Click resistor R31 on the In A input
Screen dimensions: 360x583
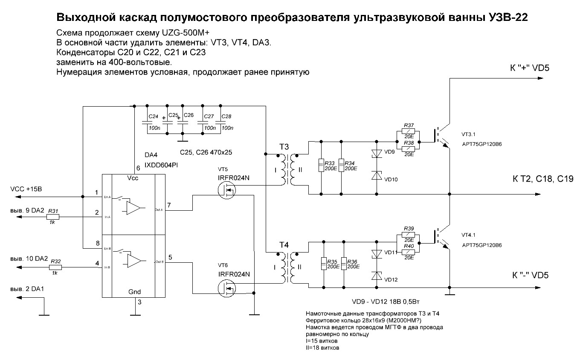click(x=53, y=217)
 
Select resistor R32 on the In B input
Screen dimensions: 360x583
click(x=55, y=267)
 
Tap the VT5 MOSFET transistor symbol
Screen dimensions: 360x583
click(x=226, y=190)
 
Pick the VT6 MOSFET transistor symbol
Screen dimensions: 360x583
click(x=226, y=289)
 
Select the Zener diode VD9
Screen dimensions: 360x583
click(x=376, y=154)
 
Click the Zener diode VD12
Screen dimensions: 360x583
click(x=376, y=276)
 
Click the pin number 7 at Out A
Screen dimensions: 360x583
click(x=169, y=206)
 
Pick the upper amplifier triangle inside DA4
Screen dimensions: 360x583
click(x=133, y=208)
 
